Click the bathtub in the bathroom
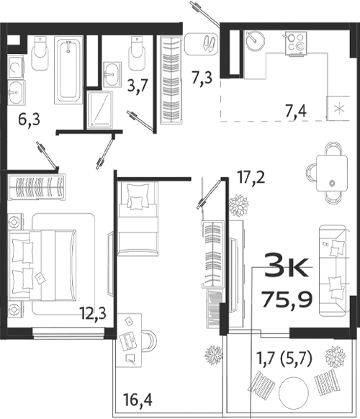[69, 71]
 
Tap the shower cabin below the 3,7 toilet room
[103, 109]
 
